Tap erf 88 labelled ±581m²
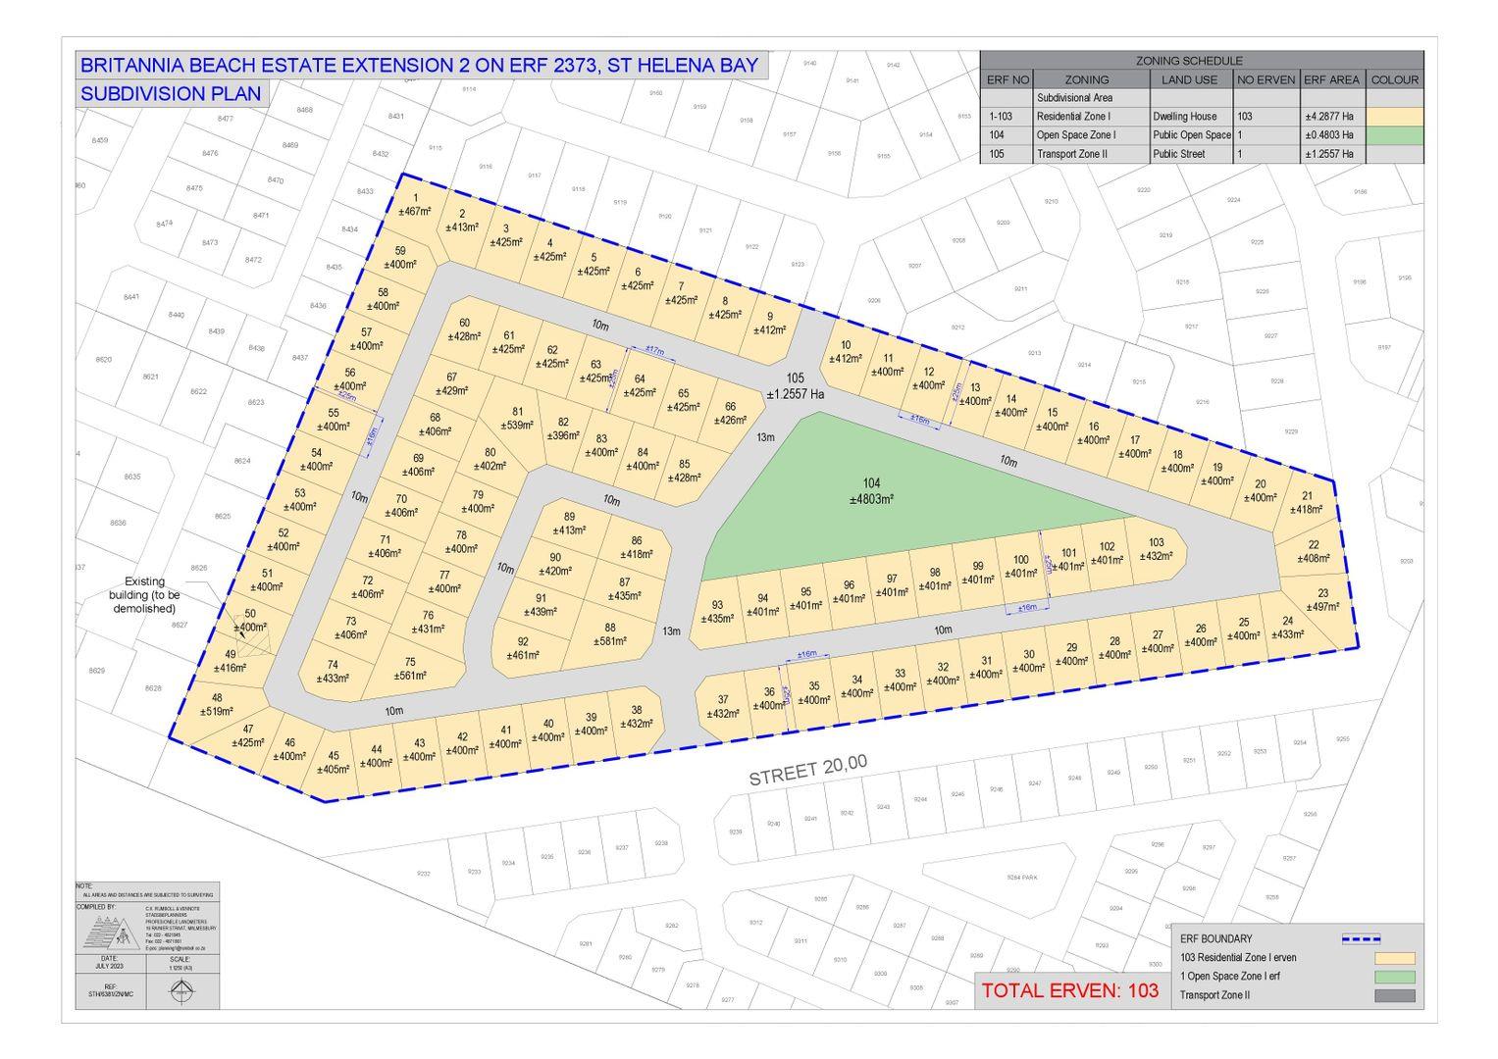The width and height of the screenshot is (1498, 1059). [610, 635]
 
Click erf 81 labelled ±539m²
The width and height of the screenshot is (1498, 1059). [517, 419]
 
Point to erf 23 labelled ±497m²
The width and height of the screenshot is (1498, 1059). [1322, 600]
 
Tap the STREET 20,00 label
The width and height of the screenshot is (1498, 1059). [807, 772]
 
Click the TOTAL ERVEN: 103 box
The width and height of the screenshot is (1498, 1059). [1069, 990]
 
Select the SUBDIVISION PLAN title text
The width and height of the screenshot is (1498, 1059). [171, 94]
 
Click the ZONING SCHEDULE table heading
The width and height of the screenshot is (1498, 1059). [1202, 61]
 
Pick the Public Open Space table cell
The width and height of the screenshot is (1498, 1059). [1191, 135]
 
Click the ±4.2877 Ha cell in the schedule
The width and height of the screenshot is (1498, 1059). [1330, 117]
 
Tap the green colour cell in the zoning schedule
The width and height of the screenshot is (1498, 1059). [1394, 135]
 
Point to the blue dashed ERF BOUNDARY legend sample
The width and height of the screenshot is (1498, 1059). [1360, 938]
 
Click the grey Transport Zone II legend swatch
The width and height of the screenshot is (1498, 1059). [1394, 995]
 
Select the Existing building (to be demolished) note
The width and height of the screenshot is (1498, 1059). [151, 595]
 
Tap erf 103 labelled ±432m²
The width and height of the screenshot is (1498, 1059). [1156, 549]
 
